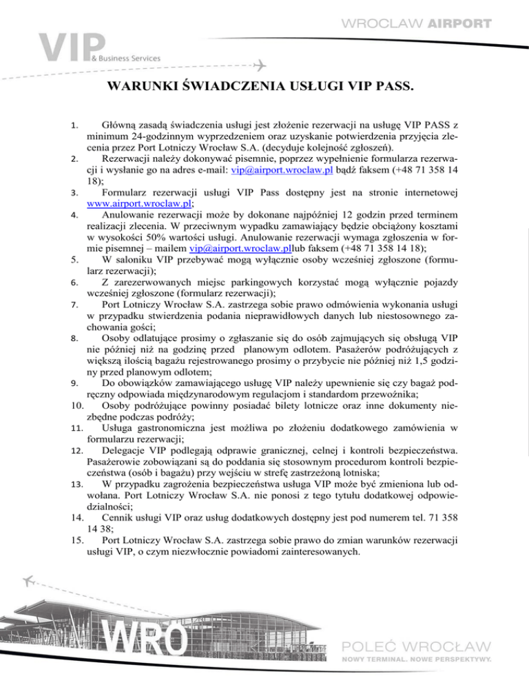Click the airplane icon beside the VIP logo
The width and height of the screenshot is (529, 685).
coord(260,65)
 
